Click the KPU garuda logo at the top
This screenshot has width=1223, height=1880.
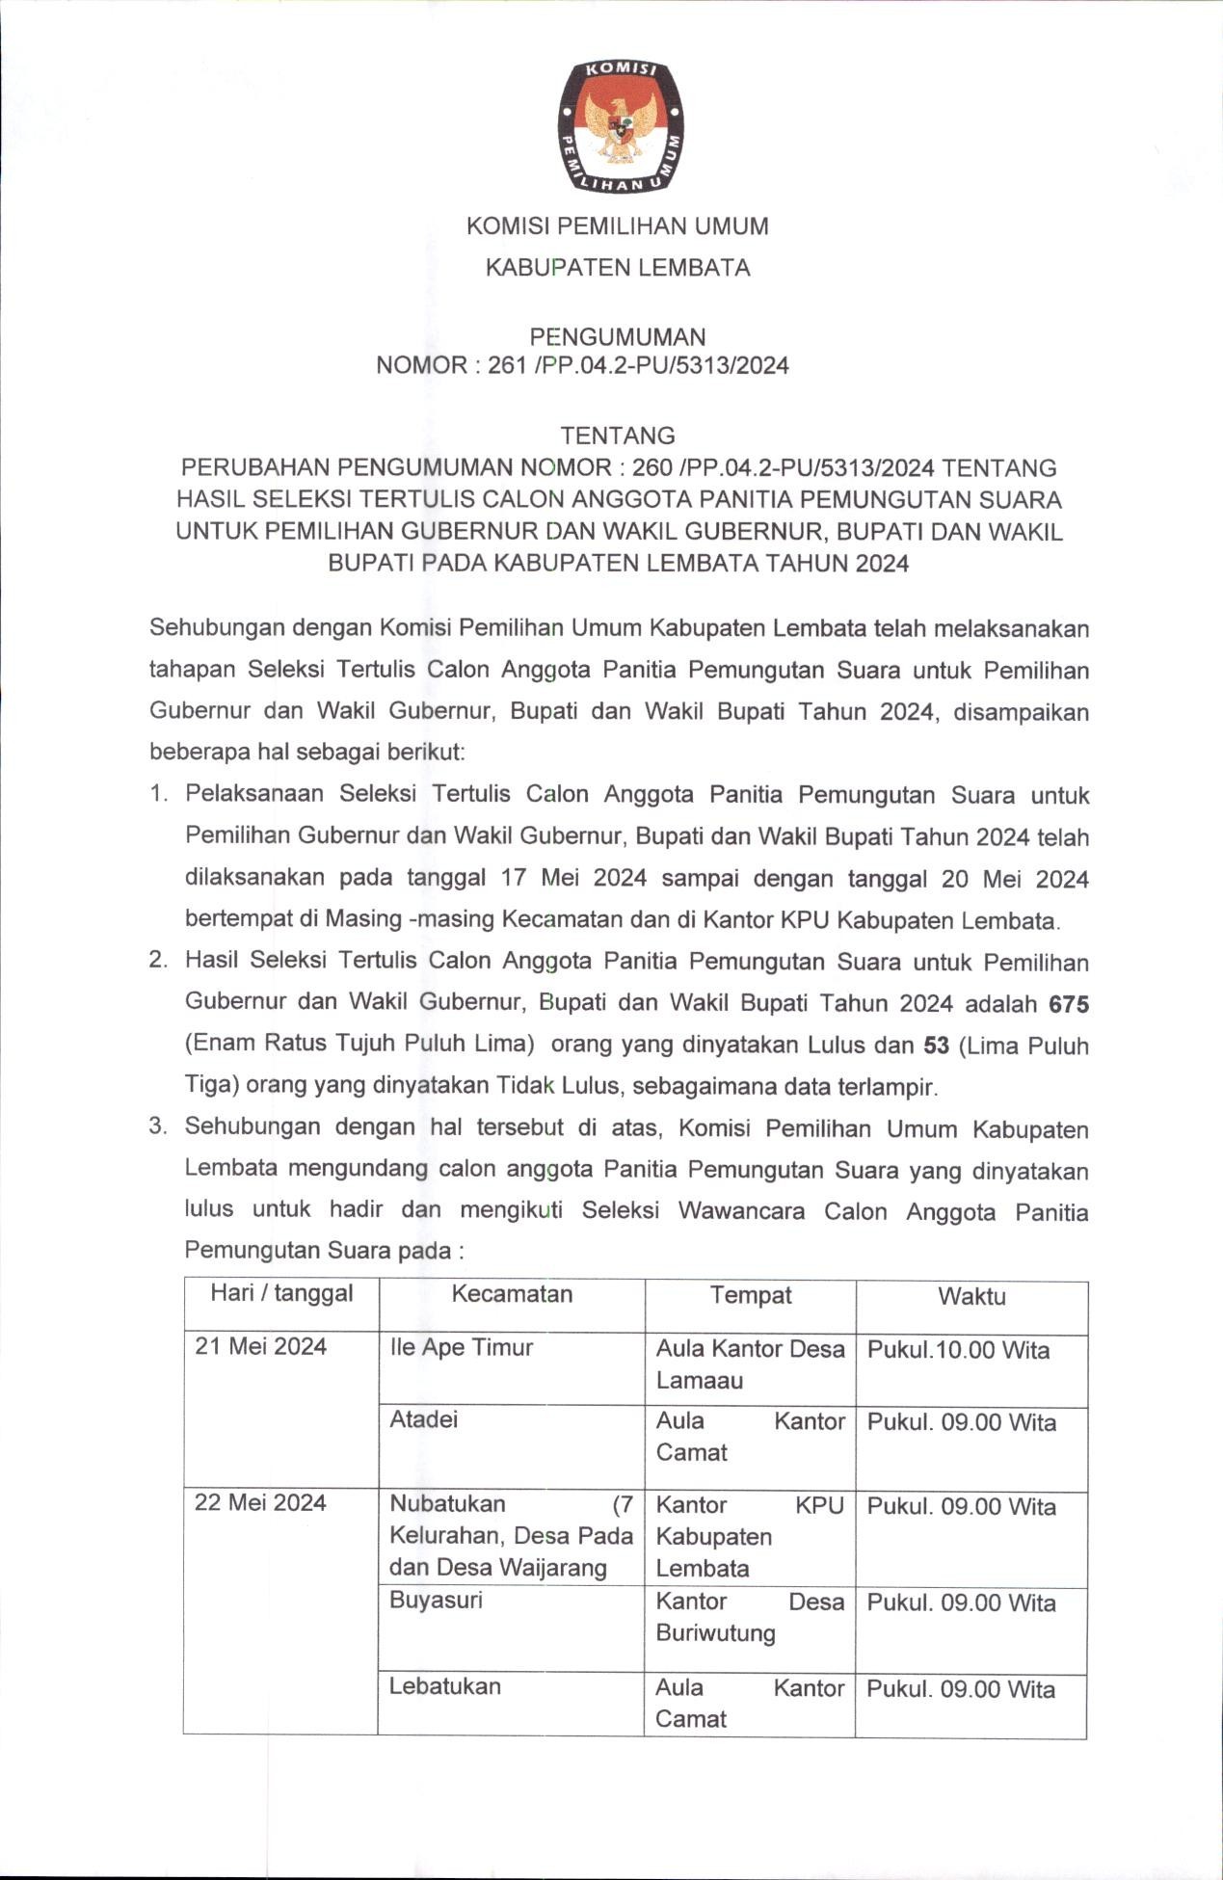coord(620,124)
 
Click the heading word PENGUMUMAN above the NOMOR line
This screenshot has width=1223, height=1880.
coord(618,336)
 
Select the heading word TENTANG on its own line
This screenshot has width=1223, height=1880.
coord(618,436)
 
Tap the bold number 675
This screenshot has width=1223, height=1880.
coord(1069,1004)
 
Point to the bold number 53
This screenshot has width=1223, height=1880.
coord(936,1046)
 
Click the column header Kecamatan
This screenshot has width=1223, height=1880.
coord(512,1294)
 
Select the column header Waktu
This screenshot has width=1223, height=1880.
coord(971,1297)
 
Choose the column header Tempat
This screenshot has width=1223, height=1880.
coord(751,1295)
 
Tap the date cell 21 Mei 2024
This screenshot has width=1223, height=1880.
coord(261,1346)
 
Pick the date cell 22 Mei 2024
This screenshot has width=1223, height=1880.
coord(260,1502)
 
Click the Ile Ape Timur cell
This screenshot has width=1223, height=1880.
coord(461,1347)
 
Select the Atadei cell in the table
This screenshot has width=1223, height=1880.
coord(423,1419)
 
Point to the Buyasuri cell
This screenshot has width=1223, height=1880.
coord(436,1600)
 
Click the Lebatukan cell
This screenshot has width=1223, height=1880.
coord(444,1685)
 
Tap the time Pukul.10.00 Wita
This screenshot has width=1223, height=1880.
coord(958,1350)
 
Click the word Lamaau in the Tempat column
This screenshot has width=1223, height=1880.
coord(699,1381)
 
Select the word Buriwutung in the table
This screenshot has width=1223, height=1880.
coord(715,1633)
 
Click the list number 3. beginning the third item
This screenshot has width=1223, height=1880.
coord(159,1126)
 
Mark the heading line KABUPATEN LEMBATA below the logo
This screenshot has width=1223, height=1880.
coord(618,268)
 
